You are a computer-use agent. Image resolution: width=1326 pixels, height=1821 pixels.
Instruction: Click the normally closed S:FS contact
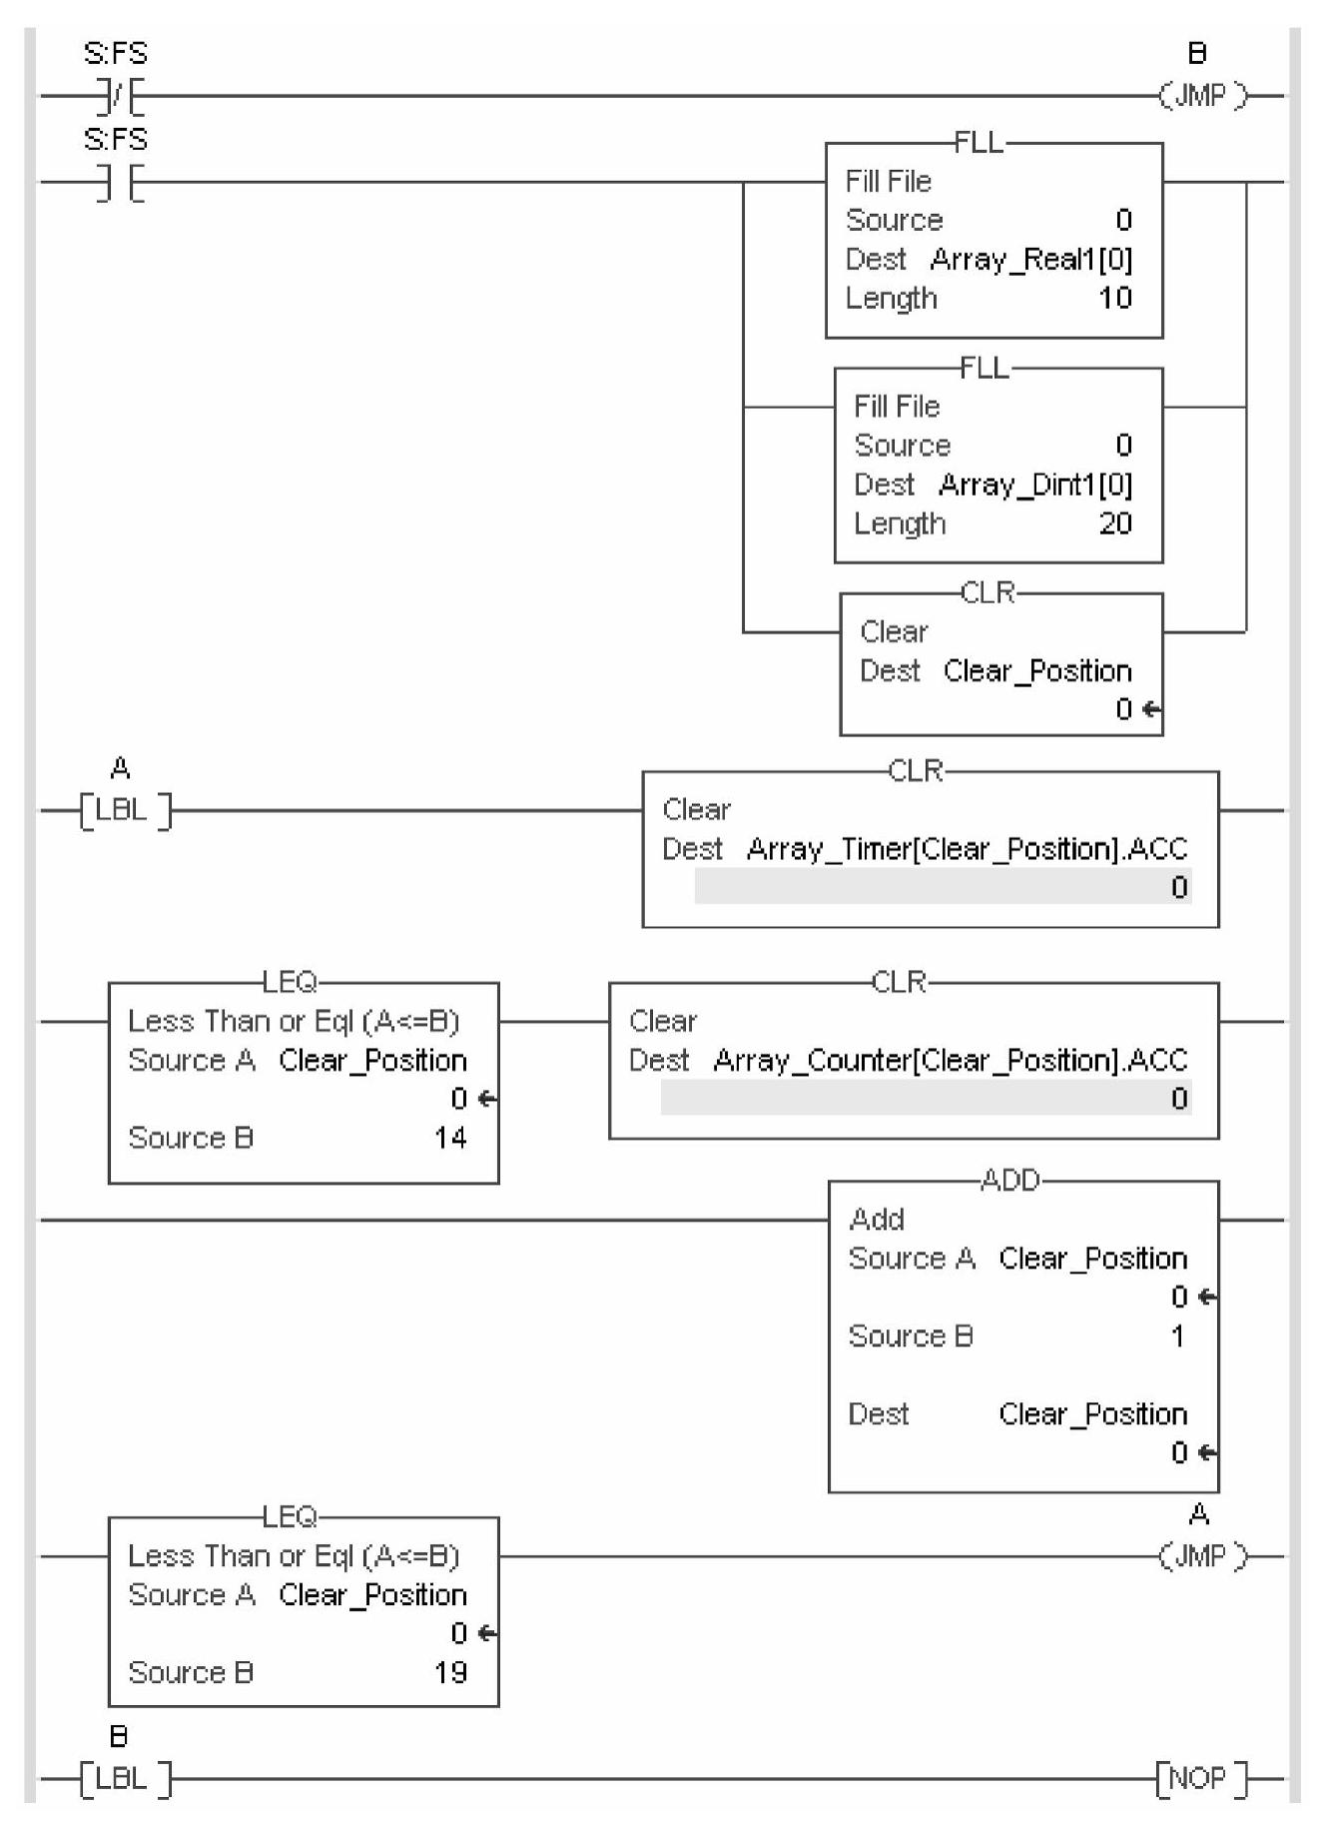coord(118,97)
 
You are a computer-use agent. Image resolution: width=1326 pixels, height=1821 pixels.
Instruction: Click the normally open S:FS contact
coord(118,183)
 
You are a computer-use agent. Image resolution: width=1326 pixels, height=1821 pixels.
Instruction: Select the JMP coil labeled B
coord(1201,96)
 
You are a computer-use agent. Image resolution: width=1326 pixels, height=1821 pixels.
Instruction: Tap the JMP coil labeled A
coord(1201,1556)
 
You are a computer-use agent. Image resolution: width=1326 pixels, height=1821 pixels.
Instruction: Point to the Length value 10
coord(1114,298)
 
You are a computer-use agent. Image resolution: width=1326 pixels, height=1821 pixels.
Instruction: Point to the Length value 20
coord(1114,523)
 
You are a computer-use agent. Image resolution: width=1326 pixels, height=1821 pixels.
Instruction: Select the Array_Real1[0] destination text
coord(1030,260)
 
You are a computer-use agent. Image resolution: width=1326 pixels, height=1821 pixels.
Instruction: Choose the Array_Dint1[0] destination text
coord(1034,485)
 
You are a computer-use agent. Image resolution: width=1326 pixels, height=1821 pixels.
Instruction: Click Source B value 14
coord(450,1138)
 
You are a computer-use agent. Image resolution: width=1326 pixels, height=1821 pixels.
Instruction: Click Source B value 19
coord(450,1672)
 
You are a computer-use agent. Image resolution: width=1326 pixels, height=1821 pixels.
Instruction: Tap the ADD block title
coord(1009,1181)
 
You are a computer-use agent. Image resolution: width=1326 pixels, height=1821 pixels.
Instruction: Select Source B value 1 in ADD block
coord(1177,1337)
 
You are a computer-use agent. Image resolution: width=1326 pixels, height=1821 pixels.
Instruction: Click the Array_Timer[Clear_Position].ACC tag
coord(967,849)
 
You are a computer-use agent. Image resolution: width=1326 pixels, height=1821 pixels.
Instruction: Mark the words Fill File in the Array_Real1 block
coord(888,182)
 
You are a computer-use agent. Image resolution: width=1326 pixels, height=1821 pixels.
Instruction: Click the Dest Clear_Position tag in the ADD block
coord(1092,1414)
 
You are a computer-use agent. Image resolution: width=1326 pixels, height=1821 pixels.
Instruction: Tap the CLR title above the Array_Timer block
coord(916,771)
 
